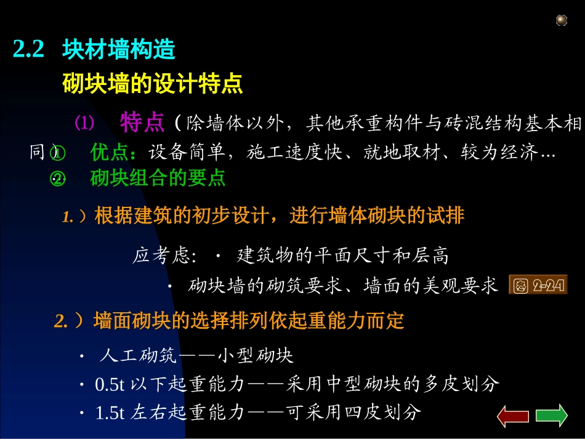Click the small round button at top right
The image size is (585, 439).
click(x=561, y=21)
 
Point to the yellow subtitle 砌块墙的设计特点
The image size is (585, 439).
click(x=153, y=84)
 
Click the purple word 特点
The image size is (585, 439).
click(x=142, y=123)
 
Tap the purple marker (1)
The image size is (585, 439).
click(x=84, y=123)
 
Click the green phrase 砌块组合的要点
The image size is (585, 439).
click(x=158, y=178)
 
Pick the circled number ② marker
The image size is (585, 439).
click(x=57, y=179)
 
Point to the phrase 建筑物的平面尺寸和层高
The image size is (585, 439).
click(x=343, y=256)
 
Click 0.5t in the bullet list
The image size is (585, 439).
click(x=110, y=385)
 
